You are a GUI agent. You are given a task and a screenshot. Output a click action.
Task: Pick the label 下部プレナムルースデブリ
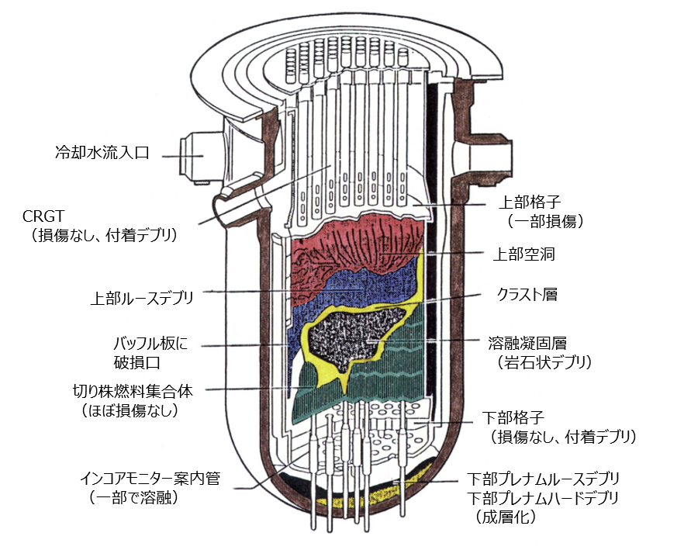544,479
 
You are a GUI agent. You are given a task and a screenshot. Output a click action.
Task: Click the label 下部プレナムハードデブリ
544,497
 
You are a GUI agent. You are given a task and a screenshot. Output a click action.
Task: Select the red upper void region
349,240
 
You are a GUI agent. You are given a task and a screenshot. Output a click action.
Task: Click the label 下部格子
515,419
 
